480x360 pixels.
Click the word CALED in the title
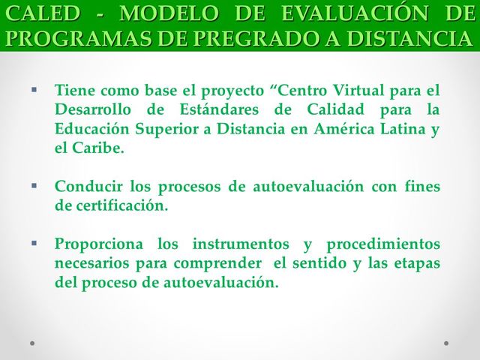click(x=37, y=14)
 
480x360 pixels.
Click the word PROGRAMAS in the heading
click(x=67, y=38)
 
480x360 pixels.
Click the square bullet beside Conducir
click(x=34, y=184)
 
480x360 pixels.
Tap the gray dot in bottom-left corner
click(x=32, y=343)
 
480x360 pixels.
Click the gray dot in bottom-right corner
click(x=446, y=343)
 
